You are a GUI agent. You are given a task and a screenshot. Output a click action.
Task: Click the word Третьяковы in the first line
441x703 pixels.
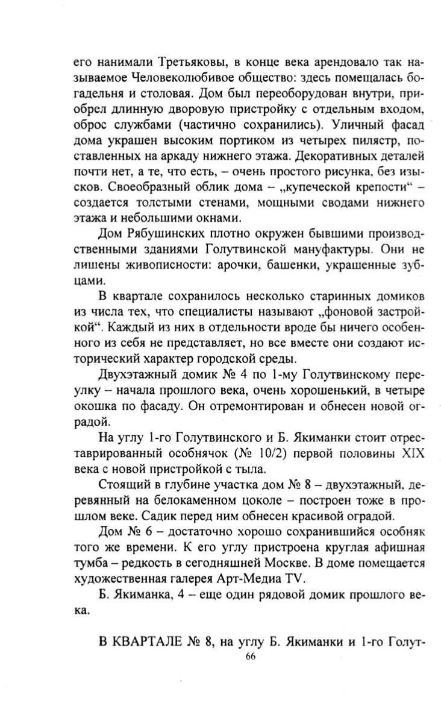click(190, 62)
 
